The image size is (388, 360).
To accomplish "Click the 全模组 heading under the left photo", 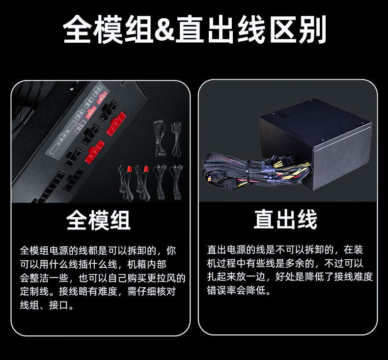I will click(99, 220).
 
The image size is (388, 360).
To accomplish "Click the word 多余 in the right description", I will click(304, 263).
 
